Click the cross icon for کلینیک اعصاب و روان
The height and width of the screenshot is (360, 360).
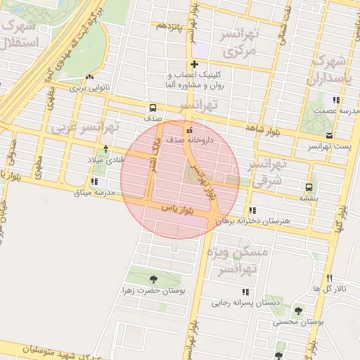[x=195, y=65]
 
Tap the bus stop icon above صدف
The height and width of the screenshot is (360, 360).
[x=153, y=108]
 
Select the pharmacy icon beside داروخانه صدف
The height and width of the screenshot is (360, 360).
[x=188, y=131]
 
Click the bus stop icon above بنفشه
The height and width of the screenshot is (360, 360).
[x=309, y=187]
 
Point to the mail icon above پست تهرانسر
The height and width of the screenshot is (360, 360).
[x=329, y=135]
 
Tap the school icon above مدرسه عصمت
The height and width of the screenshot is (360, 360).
[x=336, y=100]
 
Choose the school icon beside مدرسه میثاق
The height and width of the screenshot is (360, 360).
[x=94, y=183]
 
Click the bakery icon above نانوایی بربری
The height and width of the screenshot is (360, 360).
[x=89, y=78]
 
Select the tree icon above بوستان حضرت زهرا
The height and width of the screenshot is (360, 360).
[x=152, y=280]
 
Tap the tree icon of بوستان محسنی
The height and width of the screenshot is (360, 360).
[x=298, y=310]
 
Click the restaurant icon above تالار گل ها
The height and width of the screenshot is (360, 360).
[x=330, y=278]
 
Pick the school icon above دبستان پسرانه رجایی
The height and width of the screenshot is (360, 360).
[x=245, y=292]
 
